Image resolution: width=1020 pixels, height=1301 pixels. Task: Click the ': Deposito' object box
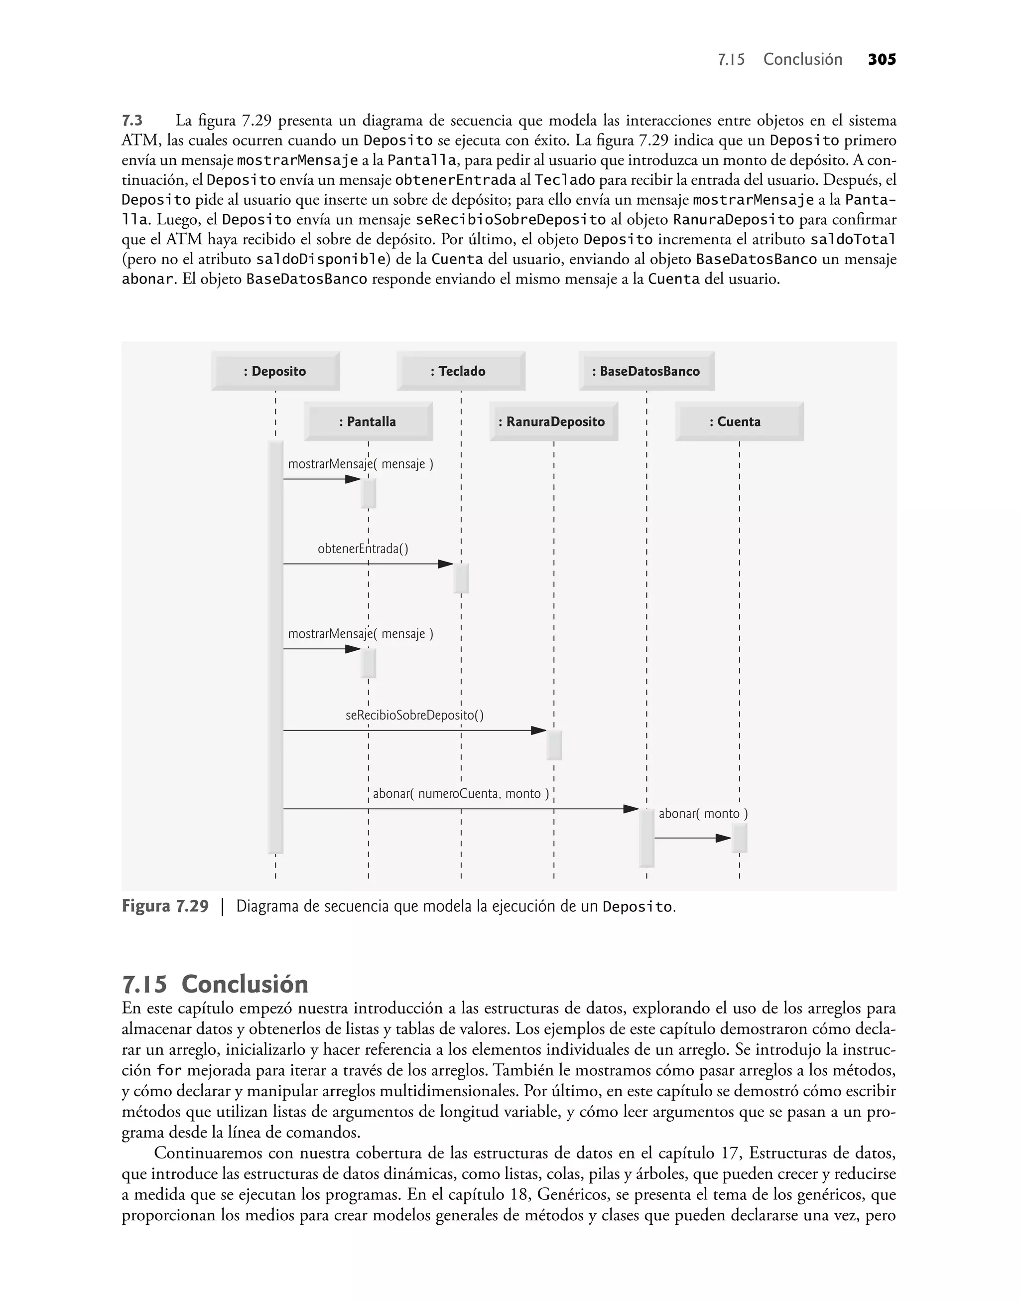click(x=275, y=371)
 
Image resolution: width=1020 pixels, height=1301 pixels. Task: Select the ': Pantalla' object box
click(x=368, y=422)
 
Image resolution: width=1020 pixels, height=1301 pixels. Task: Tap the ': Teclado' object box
click(x=460, y=371)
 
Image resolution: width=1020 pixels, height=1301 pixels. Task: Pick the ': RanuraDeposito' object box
click(x=554, y=422)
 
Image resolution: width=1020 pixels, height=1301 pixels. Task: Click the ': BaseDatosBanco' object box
click(x=646, y=371)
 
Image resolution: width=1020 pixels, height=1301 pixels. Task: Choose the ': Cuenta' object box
click(x=739, y=422)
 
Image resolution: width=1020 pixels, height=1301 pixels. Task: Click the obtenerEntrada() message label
click(x=363, y=549)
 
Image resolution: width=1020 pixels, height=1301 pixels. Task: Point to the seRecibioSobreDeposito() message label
click(x=414, y=715)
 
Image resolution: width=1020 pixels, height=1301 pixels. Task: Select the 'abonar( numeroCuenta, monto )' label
click(x=460, y=794)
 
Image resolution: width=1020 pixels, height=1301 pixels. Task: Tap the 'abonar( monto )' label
click(x=703, y=814)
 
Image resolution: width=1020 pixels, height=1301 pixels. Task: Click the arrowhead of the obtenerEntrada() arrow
click(x=446, y=564)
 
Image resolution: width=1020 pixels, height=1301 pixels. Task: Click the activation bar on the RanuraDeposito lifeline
click(x=554, y=745)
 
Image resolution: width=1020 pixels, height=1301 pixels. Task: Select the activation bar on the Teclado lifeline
click(x=461, y=578)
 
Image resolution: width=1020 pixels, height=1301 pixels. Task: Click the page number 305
click(x=882, y=60)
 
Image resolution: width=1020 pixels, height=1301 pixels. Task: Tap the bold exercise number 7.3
click(x=132, y=121)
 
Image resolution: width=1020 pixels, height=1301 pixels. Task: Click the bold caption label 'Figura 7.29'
click(x=165, y=906)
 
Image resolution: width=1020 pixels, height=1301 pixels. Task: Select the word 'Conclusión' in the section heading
click(x=245, y=984)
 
